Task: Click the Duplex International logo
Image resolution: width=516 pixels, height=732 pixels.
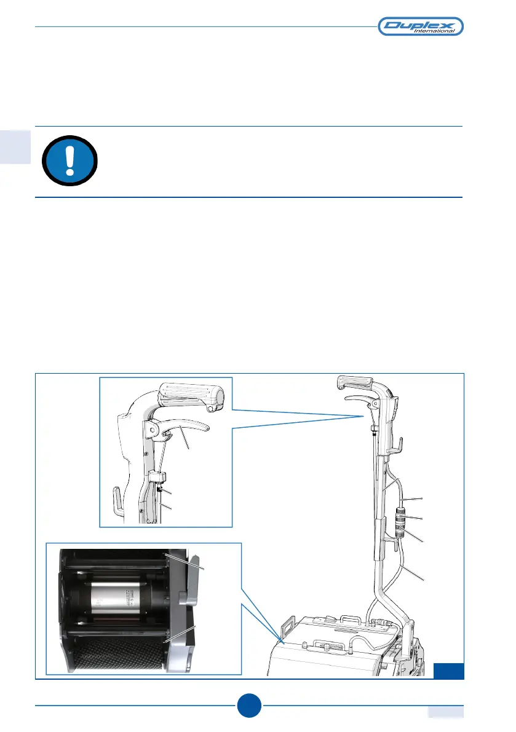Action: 420,26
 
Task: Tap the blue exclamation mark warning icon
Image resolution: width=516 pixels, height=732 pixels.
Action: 69,161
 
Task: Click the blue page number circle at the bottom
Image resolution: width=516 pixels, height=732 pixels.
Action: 249,706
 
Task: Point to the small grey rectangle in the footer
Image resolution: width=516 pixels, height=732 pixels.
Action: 445,711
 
